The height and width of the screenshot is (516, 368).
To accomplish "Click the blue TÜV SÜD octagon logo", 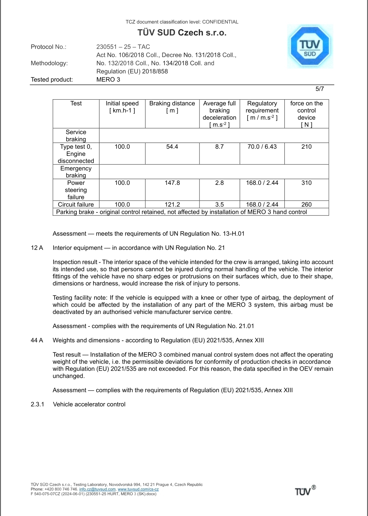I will click(310, 46).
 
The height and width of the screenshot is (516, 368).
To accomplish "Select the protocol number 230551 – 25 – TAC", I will click(123, 47).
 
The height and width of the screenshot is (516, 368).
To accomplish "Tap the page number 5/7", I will click(320, 89).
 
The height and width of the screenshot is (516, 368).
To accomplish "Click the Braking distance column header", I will click(172, 107).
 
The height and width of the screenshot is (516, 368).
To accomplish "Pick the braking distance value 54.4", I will click(172, 147).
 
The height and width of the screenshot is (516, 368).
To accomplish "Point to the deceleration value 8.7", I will click(219, 147).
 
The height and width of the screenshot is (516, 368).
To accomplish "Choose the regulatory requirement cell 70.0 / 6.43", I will click(262, 147).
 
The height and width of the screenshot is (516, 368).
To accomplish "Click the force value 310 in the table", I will click(306, 183).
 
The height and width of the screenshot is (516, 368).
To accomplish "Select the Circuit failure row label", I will click(76, 204).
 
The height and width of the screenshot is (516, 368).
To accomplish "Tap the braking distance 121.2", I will click(172, 204).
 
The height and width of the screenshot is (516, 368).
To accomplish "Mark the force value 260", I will click(306, 204).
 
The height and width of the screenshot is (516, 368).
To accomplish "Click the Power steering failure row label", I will click(76, 190).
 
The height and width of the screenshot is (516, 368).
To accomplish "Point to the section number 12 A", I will click(37, 248).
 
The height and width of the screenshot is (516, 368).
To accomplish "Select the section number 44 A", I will click(37, 340).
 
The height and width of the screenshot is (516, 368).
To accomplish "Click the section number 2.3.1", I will click(38, 404).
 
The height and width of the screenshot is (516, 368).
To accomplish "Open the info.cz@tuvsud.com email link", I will click(97, 489).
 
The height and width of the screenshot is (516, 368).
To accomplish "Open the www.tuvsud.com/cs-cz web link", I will click(138, 489).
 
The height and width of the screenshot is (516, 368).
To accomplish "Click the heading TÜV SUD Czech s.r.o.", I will click(182, 33).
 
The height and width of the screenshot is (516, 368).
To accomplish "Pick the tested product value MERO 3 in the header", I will click(108, 79).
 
